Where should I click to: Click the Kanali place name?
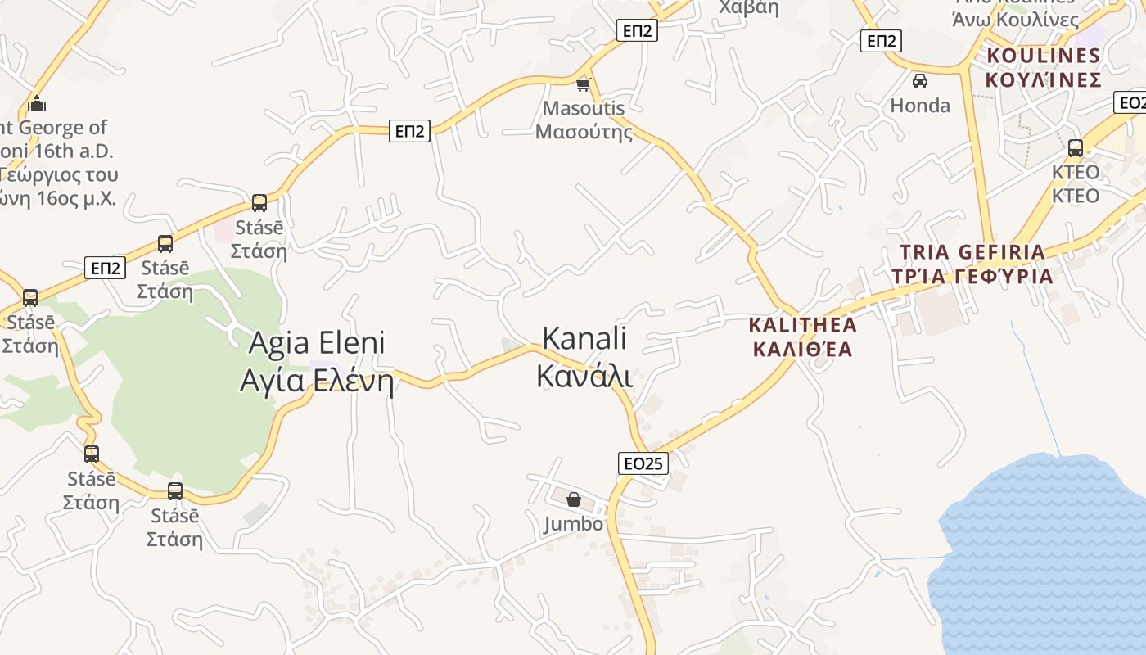click(584, 338)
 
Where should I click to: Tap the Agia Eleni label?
click(316, 342)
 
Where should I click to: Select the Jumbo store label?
click(573, 524)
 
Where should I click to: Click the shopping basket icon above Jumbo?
click(574, 499)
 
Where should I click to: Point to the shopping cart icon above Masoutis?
click(584, 84)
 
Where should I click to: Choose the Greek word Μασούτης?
click(584, 131)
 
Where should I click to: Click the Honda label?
click(920, 106)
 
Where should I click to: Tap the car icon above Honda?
click(920, 81)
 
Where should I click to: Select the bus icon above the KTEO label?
click(1076, 148)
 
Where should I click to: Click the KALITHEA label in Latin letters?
click(802, 325)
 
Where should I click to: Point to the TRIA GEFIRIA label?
click(972, 252)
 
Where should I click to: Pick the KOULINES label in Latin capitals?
click(1043, 56)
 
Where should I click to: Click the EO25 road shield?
click(643, 463)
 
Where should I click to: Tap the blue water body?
click(1048, 557)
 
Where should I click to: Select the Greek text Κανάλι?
click(584, 376)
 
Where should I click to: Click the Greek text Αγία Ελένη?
click(316, 381)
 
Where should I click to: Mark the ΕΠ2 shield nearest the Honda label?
click(881, 41)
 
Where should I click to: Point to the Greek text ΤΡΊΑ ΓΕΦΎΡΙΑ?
click(972, 276)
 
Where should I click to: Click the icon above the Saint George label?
click(36, 104)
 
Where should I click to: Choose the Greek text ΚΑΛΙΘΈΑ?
click(802, 350)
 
